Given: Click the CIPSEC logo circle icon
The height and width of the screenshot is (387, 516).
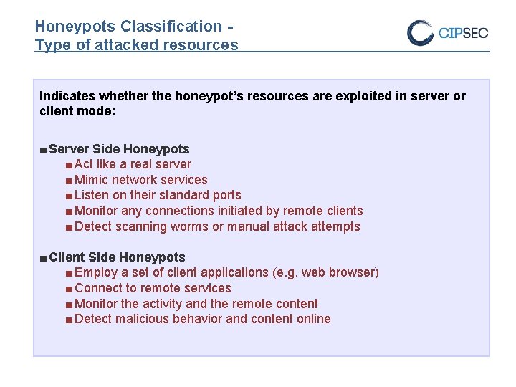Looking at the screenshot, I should (421, 33).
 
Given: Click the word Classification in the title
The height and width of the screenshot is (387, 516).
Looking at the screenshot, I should (171, 27).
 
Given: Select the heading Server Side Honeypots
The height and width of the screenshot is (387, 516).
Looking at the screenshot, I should (119, 149).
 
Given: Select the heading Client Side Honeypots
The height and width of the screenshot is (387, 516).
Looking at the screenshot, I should (117, 257).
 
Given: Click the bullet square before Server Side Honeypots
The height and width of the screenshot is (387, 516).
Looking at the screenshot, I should (44, 150).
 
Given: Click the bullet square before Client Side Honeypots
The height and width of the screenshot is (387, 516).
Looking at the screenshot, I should (44, 258).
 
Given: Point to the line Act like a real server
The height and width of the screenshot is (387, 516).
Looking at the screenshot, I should (133, 164).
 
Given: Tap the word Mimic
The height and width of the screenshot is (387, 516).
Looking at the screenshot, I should (92, 180).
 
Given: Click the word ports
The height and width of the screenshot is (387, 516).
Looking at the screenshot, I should (226, 195).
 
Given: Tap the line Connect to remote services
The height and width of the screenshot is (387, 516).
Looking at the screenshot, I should (153, 288).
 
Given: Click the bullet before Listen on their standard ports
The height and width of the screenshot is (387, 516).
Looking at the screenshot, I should (68, 196).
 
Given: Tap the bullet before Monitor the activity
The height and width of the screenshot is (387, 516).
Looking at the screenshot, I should (68, 305).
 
